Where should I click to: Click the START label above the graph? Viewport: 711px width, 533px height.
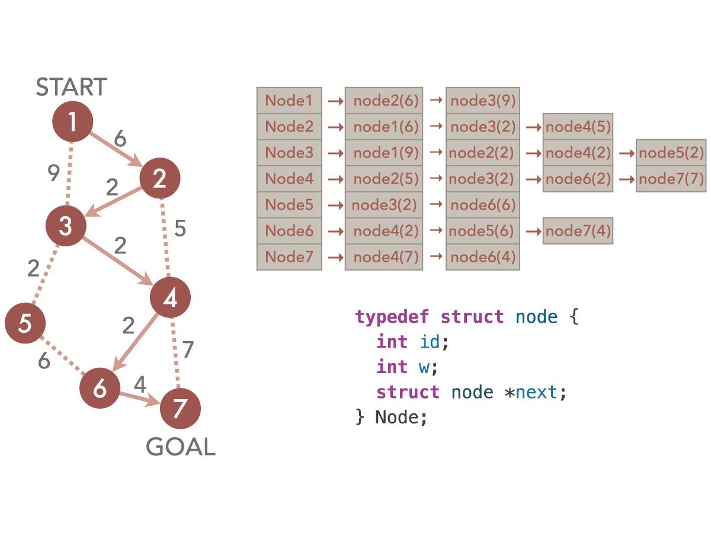coord(71,87)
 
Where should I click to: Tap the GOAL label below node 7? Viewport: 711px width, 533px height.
coord(181,447)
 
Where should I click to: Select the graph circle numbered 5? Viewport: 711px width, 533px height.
coord(25,324)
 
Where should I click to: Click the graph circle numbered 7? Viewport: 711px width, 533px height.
coord(181,409)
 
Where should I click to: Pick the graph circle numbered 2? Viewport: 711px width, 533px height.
coord(159,178)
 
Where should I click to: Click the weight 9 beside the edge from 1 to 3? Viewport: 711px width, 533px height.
coord(53,174)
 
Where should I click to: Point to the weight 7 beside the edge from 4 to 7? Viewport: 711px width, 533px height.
coord(188,350)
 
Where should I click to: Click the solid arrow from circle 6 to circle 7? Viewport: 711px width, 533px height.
coord(139,399)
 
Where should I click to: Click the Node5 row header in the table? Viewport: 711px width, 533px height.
coord(289,204)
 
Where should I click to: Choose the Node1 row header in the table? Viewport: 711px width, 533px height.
coord(289,101)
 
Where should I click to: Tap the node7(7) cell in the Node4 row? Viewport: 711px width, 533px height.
coord(671,179)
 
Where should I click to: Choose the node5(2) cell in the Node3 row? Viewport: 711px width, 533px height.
coord(671,153)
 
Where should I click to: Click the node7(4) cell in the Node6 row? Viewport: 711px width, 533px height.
coord(578,231)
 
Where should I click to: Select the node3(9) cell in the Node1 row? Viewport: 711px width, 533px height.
coord(483,101)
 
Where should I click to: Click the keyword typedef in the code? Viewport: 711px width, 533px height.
coord(392,317)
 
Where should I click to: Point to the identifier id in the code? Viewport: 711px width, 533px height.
coord(430,342)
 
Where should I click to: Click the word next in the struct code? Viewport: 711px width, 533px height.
coord(536,392)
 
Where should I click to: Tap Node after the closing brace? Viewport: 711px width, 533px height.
coord(400,417)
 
